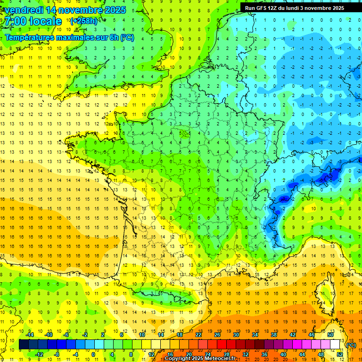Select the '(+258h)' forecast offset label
click(x=84, y=21)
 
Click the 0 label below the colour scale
click(x=93, y=354)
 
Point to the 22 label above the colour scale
click(x=198, y=335)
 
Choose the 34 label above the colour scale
click(x=255, y=335)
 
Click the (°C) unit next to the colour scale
click(x=351, y=345)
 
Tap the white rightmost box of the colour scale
click(x=335, y=345)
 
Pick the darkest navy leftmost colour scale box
click(x=24, y=345)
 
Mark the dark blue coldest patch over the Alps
click(x=325, y=178)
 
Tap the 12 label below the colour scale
click(x=151, y=354)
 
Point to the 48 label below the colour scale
click(x=321, y=354)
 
